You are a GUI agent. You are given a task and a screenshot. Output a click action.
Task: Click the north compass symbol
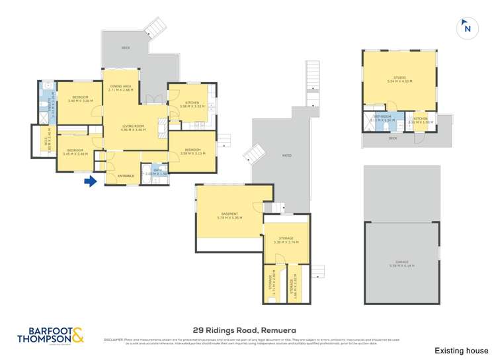(x=468, y=28)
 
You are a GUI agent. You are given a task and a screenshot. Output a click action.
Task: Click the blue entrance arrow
(x=91, y=180)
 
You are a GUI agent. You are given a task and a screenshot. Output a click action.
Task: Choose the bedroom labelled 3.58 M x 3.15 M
(x=192, y=151)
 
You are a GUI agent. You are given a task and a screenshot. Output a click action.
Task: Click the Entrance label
(x=126, y=175)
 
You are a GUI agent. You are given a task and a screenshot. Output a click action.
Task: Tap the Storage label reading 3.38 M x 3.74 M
(x=286, y=240)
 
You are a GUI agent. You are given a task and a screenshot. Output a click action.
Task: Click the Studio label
(x=399, y=79)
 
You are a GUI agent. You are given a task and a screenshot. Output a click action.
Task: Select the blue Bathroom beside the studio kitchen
(x=383, y=121)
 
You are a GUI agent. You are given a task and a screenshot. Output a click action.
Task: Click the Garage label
(x=401, y=263)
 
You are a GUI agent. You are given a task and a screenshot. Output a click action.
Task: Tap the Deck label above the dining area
(x=126, y=48)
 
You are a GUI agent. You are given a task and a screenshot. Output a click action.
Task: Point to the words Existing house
(x=461, y=350)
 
